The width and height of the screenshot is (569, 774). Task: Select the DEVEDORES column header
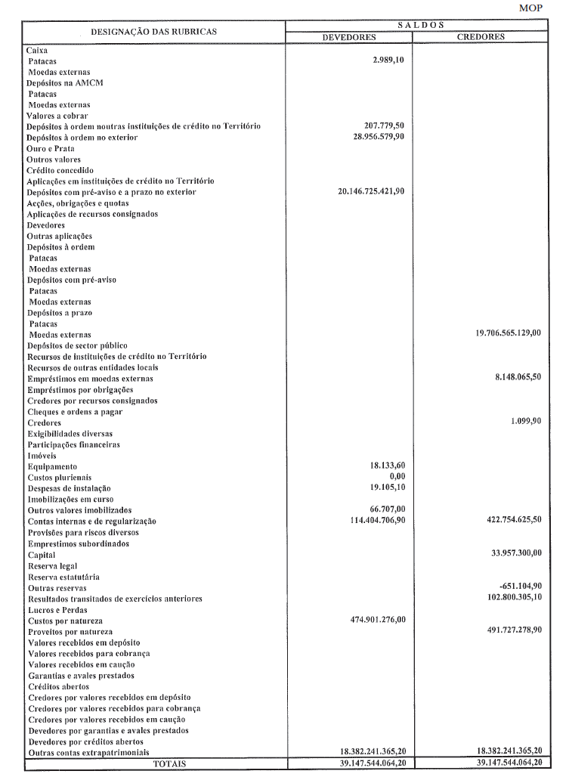349,36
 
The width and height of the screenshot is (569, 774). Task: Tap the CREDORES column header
481,36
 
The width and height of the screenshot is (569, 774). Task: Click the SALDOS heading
416,25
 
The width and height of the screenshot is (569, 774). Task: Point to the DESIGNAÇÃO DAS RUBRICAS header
153,31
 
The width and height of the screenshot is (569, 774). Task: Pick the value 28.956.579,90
374,137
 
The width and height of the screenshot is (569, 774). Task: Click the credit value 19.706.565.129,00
503,334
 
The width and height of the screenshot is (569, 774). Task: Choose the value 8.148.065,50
515,378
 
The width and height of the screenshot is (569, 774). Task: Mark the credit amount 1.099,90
526,422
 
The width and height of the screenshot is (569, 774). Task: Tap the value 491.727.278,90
509,630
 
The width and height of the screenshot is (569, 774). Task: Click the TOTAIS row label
169,763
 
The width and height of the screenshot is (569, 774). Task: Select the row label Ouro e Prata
51,148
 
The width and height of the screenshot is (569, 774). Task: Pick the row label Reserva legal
53,565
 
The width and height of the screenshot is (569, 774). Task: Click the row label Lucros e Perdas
57,609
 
